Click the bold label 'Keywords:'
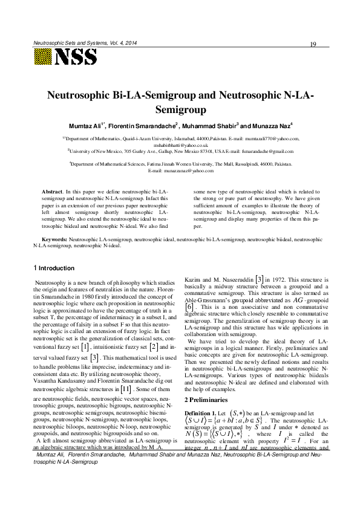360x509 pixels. pyautogui.click(x=51, y=241)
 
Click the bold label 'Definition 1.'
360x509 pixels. pyautogui.click(x=200, y=395)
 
